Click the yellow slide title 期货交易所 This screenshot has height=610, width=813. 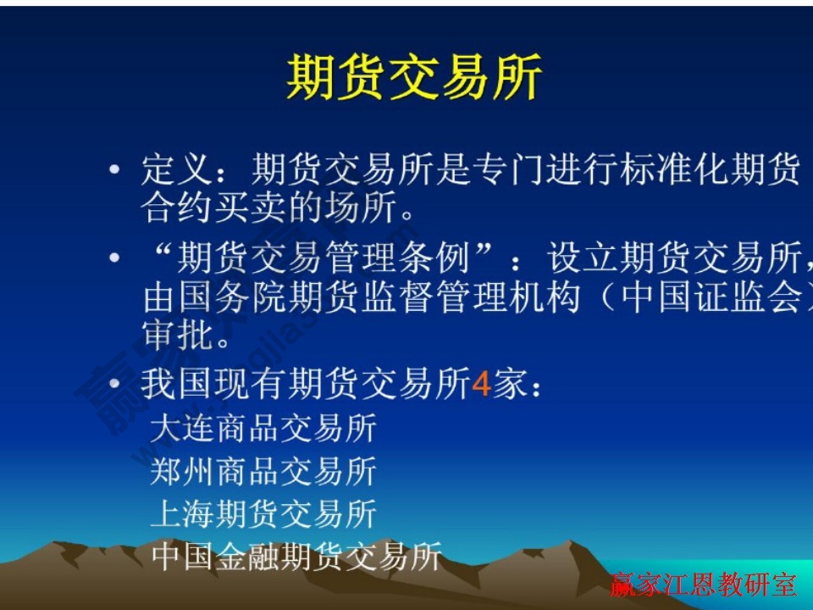coord(414,79)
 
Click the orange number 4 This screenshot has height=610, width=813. coord(481,385)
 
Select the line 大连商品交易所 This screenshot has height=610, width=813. coord(263,429)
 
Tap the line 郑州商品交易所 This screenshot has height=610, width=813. coord(263,471)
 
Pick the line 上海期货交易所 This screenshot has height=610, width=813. coord(263,514)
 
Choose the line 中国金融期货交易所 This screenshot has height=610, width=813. coord(296,557)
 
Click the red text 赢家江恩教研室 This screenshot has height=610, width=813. coord(703,585)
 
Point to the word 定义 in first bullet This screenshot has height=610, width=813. coord(175,172)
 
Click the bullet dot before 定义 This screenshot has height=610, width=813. coord(114,172)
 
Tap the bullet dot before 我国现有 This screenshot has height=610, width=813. coord(114,385)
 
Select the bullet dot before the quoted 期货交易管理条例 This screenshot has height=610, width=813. coord(114,257)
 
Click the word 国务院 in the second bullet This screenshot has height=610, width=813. coord(233,298)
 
